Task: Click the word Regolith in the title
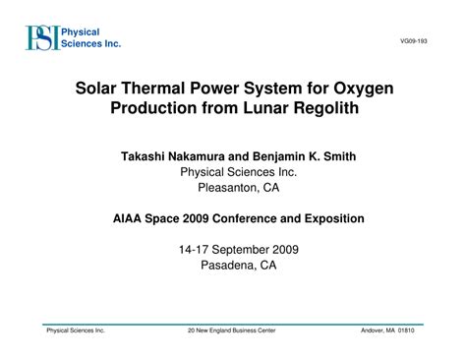point(316,108)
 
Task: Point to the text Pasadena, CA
point(233,266)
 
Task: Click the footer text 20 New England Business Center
point(232,330)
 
